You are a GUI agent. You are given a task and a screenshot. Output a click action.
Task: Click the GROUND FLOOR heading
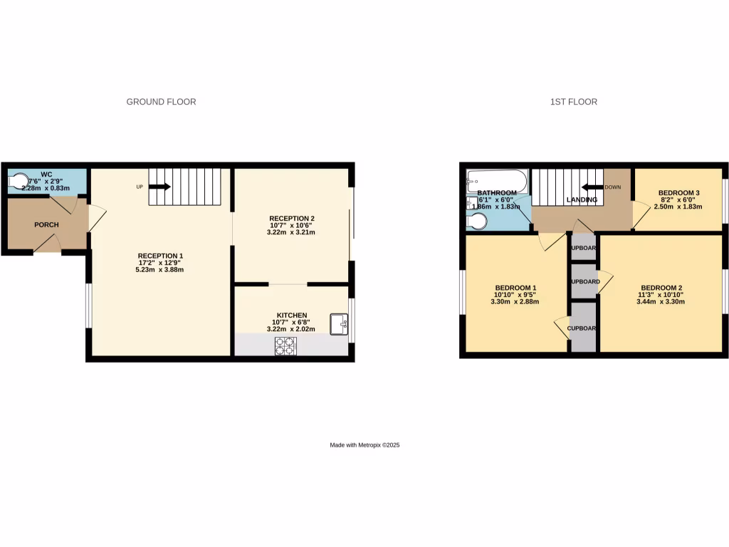(161, 102)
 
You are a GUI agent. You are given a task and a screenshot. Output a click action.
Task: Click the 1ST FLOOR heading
(573, 102)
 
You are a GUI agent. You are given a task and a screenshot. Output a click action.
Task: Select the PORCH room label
(46, 225)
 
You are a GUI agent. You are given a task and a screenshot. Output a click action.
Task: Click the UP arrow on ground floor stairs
(159, 187)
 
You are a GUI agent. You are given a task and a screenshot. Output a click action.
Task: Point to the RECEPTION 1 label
(160, 256)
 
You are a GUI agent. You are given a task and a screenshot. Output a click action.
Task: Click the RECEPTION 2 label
(292, 218)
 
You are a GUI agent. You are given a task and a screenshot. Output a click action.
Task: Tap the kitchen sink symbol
(339, 324)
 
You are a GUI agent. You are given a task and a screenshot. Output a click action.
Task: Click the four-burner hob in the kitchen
(285, 345)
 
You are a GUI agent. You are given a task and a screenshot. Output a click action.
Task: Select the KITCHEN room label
(292, 315)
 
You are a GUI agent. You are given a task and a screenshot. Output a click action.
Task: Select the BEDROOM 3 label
(678, 193)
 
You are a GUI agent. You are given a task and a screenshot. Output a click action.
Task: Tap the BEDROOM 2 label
(662, 288)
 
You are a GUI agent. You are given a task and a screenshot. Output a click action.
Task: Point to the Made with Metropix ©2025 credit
(364, 445)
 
